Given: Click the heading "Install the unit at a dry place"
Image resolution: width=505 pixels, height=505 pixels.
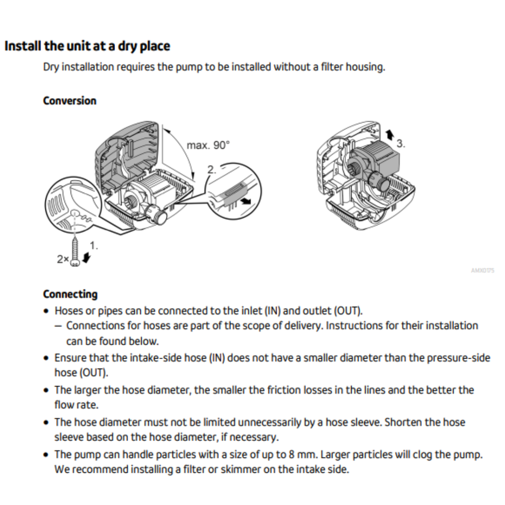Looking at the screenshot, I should [87, 46].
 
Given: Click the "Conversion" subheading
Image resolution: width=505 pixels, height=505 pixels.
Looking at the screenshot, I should [70, 101].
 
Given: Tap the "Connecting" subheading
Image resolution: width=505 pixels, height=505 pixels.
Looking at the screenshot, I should [70, 294].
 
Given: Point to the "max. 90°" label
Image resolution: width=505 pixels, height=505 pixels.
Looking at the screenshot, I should [209, 145].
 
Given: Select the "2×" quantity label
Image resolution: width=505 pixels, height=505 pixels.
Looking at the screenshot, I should [63, 259].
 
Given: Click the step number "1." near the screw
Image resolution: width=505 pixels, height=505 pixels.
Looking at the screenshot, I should [94, 245].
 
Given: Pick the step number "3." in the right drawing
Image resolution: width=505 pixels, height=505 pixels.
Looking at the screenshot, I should [400, 144].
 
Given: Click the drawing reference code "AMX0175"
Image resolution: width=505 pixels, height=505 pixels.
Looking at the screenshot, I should [483, 271].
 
